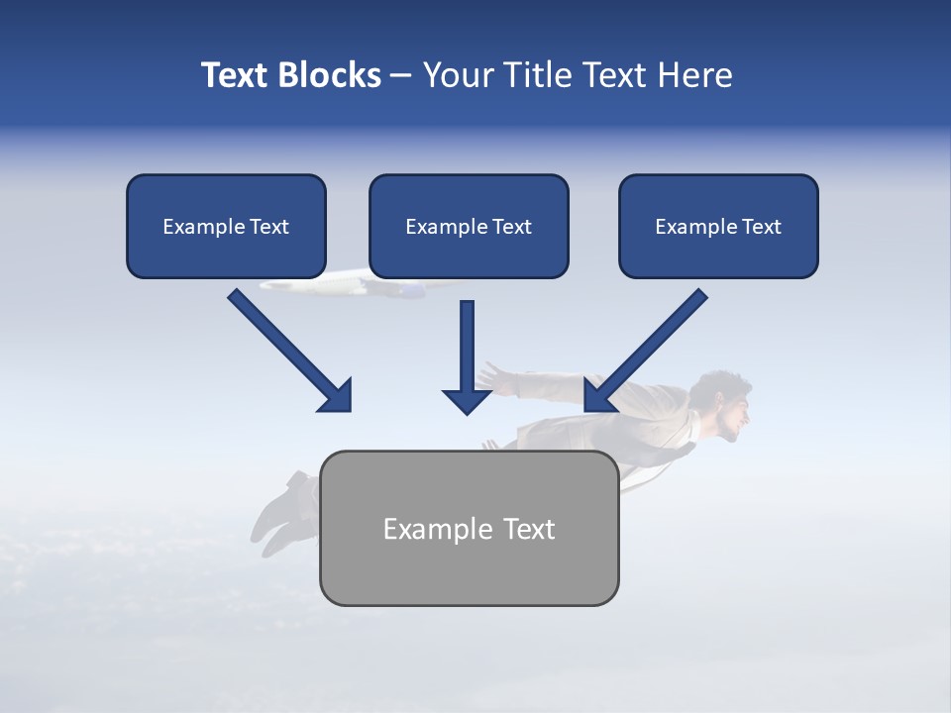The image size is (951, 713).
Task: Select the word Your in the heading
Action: (458, 75)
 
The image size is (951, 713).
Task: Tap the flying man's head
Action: (723, 404)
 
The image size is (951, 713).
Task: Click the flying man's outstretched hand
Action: (492, 376)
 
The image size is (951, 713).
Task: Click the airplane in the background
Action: (347, 286)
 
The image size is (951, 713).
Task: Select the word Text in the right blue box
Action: (762, 227)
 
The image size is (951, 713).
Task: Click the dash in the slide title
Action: (401, 76)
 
